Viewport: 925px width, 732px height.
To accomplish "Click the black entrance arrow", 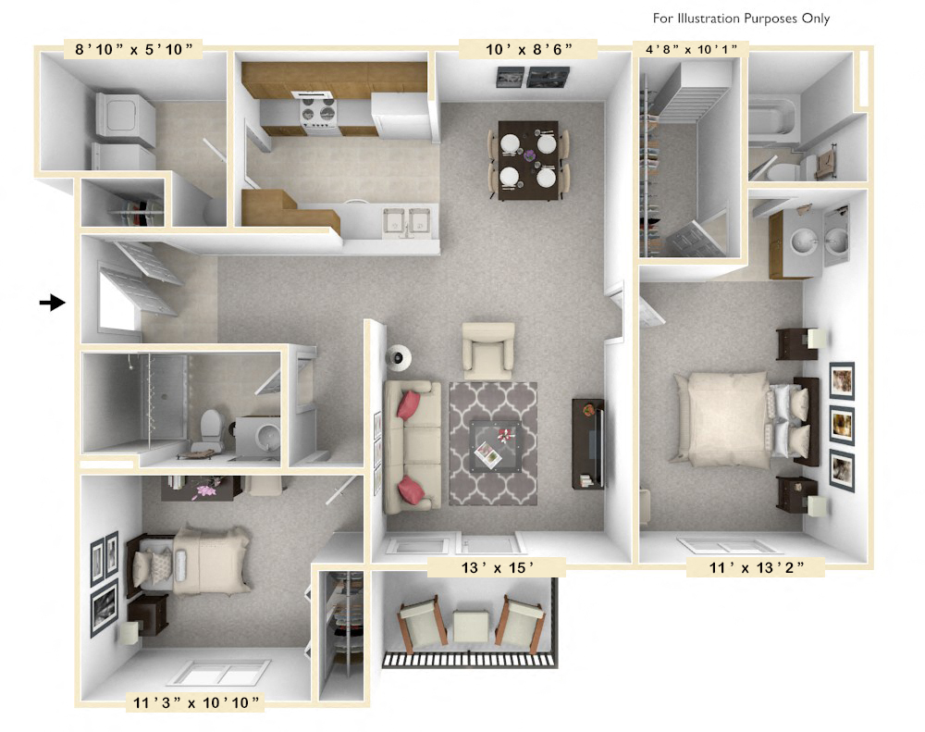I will pyautogui.click(x=52, y=302).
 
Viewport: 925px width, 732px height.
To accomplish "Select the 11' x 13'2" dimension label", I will pyautogui.click(x=755, y=568).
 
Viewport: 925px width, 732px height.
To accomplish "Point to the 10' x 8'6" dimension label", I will pyautogui.click(x=527, y=49).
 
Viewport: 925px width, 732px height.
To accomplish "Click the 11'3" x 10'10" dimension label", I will pyautogui.click(x=194, y=702).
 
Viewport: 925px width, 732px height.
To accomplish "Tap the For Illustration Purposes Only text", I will pyautogui.click(x=741, y=19).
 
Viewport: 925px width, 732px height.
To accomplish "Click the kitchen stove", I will pyautogui.click(x=316, y=113).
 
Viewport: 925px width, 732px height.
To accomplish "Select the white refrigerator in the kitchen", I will pyautogui.click(x=401, y=114).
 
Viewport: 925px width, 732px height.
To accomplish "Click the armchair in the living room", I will pyautogui.click(x=487, y=348).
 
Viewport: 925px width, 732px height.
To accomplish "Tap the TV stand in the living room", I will pyautogui.click(x=588, y=443).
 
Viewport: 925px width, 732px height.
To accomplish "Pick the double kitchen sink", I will pyautogui.click(x=408, y=221).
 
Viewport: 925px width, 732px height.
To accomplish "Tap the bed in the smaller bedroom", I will pyautogui.click(x=203, y=559).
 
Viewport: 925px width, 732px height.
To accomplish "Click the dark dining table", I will pyautogui.click(x=528, y=159).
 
